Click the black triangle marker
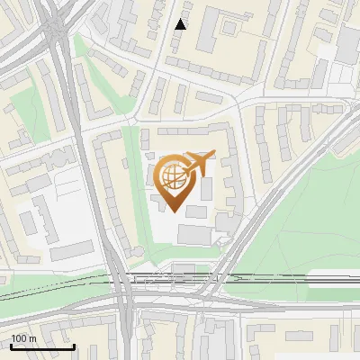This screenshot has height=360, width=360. [x=181, y=24]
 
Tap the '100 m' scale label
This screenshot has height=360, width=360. [x=23, y=338]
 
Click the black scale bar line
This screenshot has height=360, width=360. [x=42, y=346]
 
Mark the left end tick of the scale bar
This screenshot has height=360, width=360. [x=11, y=345]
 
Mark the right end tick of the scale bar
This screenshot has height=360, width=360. [x=74, y=345]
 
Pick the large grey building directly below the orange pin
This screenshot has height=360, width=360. [x=197, y=235]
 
